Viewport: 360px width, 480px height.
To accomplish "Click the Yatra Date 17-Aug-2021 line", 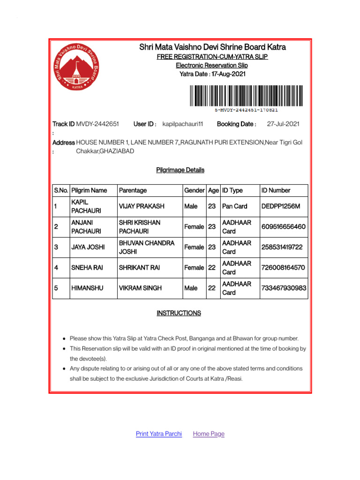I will click(x=212, y=74).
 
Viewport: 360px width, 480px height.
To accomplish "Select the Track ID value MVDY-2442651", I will click(x=97, y=124).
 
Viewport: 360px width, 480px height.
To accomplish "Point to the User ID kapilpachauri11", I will click(x=182, y=124).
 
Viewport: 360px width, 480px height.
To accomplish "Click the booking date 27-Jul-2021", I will click(x=283, y=124).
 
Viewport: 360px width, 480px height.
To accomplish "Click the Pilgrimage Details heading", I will click(x=180, y=170).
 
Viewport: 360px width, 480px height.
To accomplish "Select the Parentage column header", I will click(x=133, y=190).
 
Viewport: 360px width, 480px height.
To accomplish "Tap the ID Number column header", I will click(x=276, y=190).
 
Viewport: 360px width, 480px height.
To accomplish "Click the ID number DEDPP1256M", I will click(x=280, y=206).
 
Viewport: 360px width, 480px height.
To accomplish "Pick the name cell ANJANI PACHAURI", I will click(x=86, y=227).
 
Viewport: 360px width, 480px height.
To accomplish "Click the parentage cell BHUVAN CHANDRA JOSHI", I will click(x=146, y=247).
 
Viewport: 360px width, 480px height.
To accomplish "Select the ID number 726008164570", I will click(x=283, y=268).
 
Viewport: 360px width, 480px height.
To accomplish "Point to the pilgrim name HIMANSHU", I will click(x=86, y=288).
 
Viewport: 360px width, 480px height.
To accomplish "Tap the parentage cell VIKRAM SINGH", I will click(x=140, y=288).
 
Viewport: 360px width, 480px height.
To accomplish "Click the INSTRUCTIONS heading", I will click(x=179, y=313).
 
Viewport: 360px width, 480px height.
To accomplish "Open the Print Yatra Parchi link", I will click(x=158, y=434).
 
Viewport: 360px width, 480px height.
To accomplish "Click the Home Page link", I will click(x=209, y=434).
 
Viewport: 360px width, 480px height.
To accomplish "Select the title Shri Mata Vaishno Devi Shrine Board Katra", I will click(x=212, y=47).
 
